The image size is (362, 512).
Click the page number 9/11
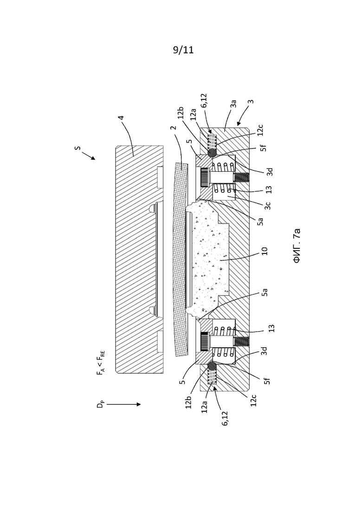point(183,50)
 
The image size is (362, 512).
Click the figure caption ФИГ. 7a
point(297,246)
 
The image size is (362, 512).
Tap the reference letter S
point(78,148)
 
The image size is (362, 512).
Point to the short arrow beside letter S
point(89,156)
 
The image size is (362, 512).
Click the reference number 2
point(174,128)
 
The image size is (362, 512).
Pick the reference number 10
point(265,251)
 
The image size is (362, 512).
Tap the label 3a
point(233,104)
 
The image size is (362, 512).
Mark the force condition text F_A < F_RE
point(101,363)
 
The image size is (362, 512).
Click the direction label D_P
point(100,404)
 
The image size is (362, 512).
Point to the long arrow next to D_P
point(123,404)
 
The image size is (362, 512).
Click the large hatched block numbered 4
point(139,259)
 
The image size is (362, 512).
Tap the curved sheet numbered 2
point(180,260)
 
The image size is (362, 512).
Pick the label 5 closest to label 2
point(189,143)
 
